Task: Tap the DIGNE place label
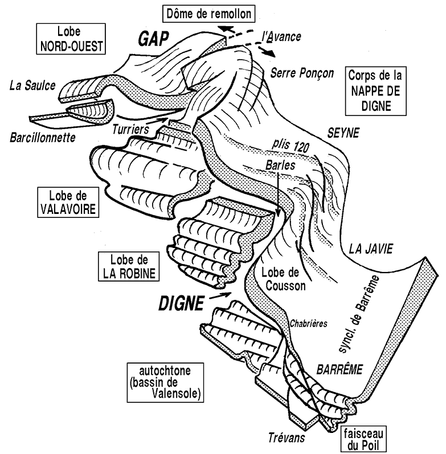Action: [x=179, y=304]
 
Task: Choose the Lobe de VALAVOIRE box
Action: [x=67, y=202]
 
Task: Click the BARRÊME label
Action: [x=339, y=368]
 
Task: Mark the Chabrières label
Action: [x=308, y=324]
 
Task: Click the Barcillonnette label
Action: [x=44, y=138]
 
